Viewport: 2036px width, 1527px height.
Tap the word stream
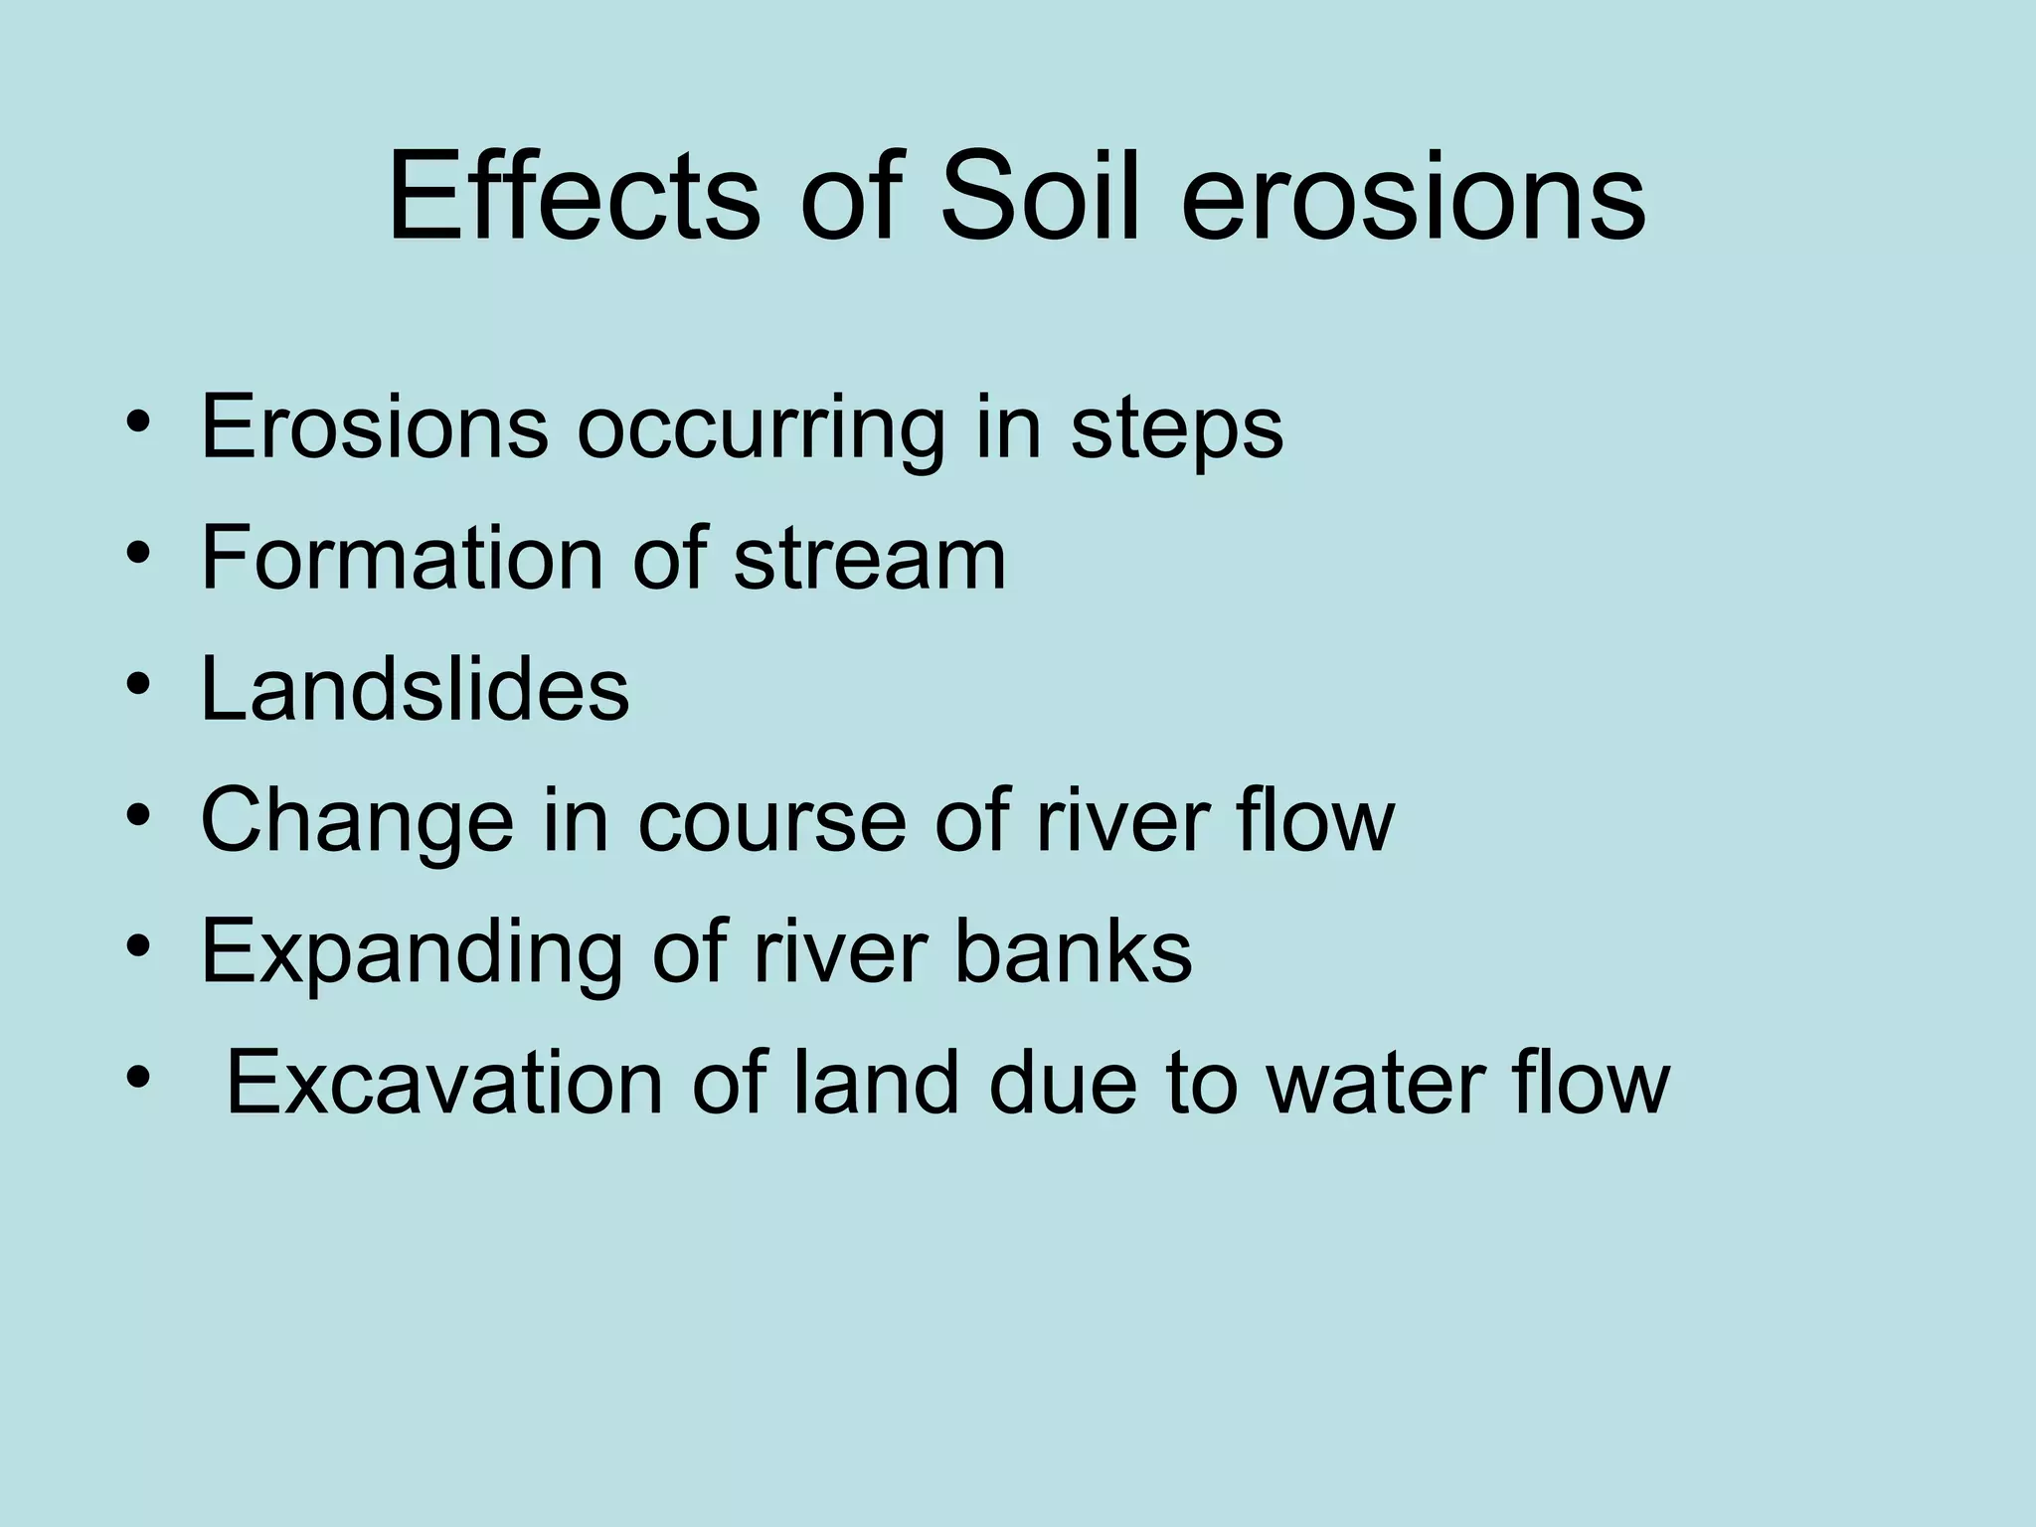coord(870,560)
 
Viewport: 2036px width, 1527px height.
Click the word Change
coord(357,823)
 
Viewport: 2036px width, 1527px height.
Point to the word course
coord(770,823)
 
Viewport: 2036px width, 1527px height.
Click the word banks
coord(1073,951)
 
